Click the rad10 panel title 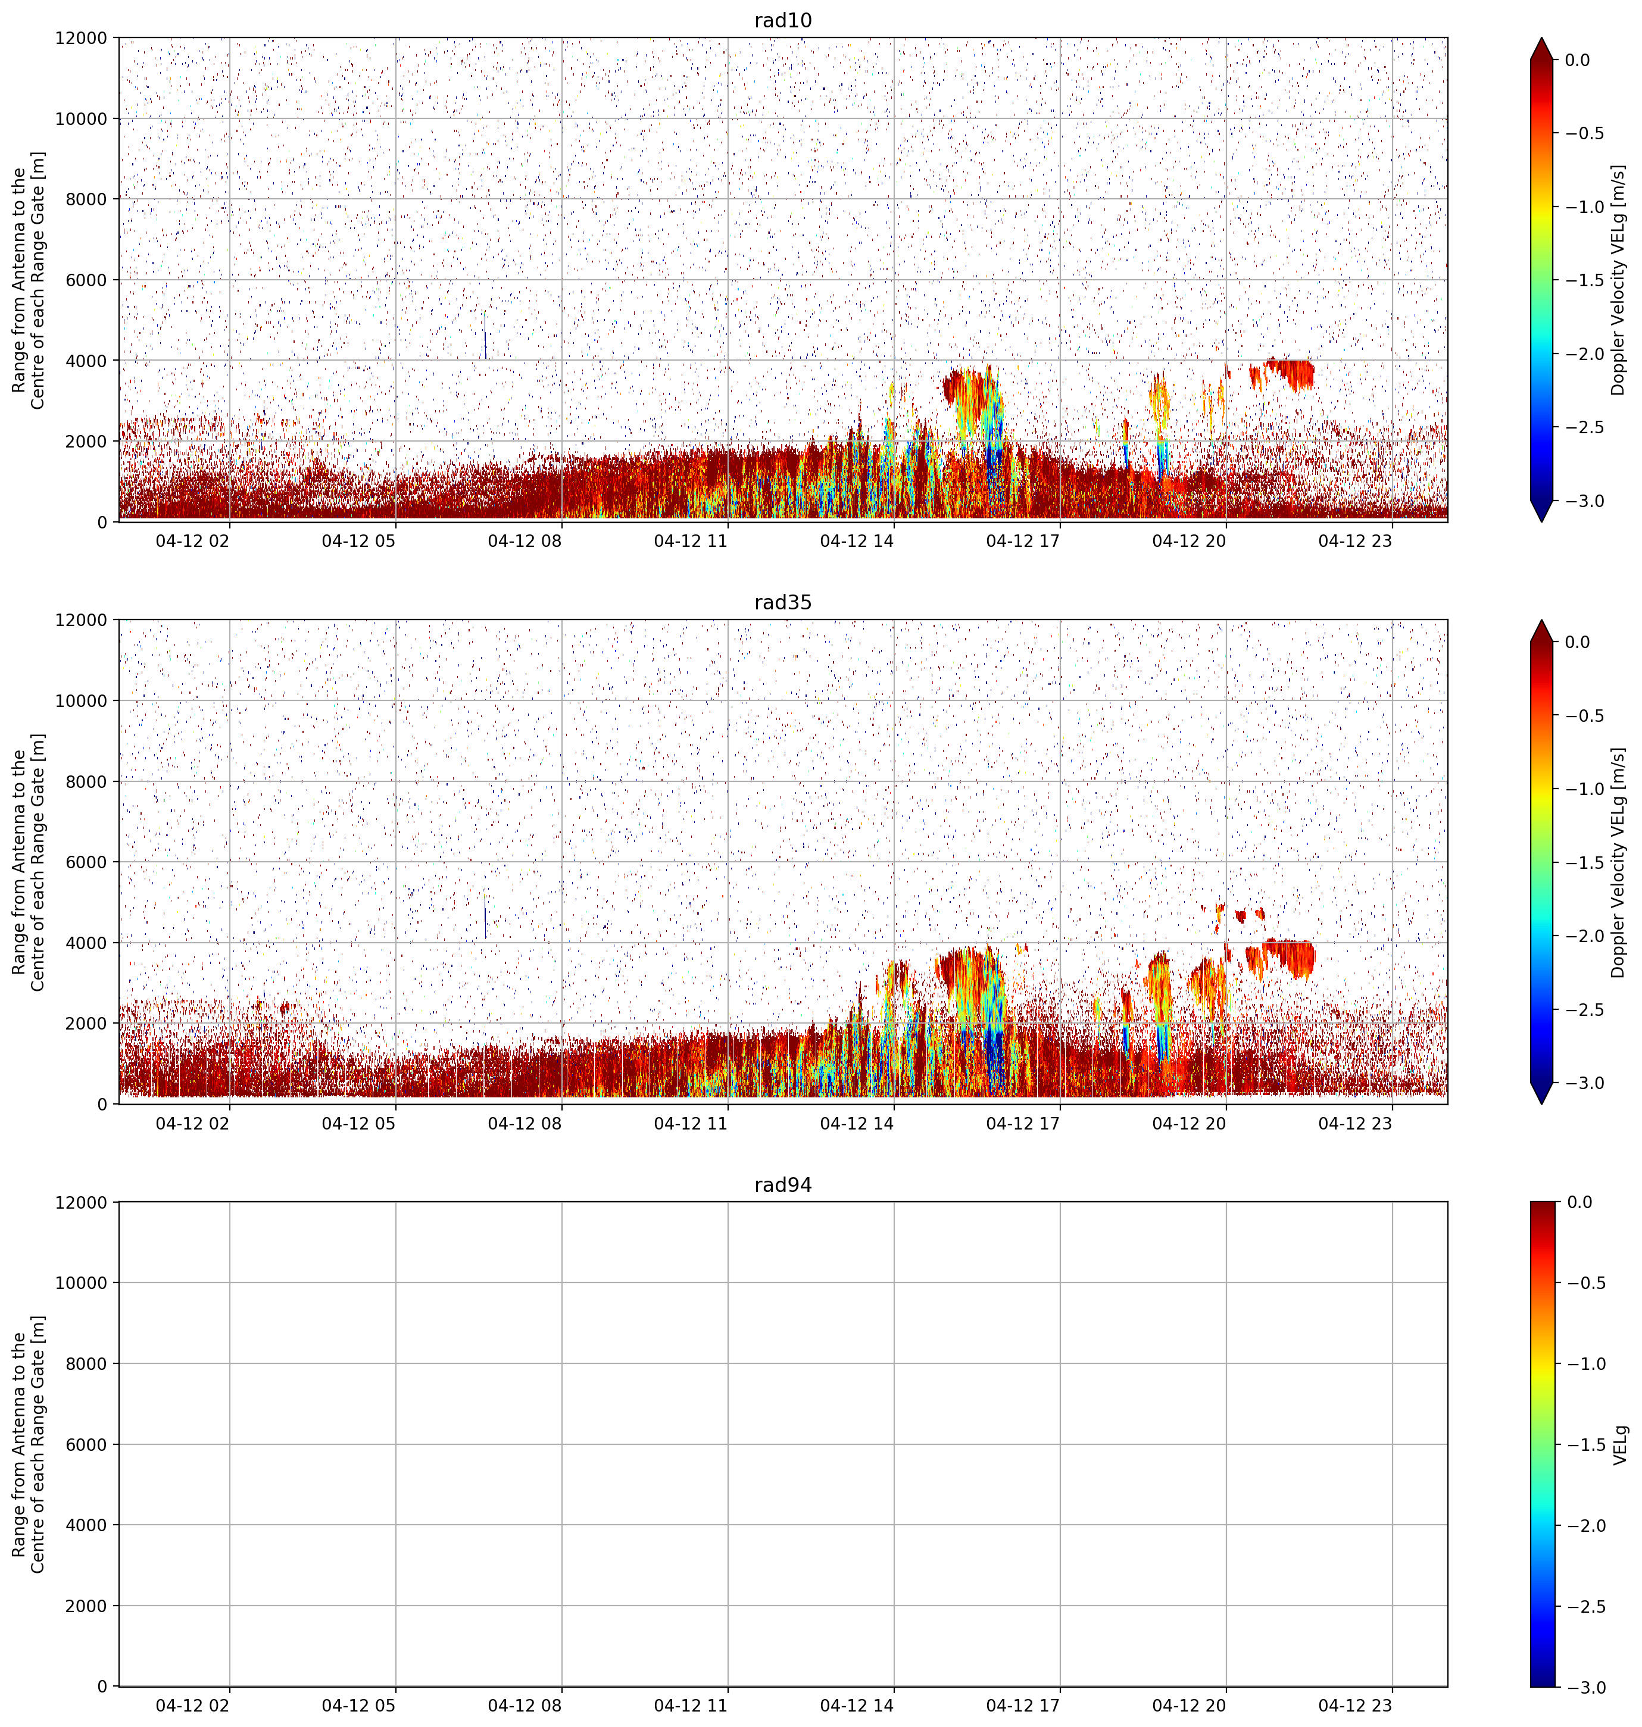point(782,20)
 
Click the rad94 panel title point(782,1185)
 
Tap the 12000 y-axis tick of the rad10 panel point(82,39)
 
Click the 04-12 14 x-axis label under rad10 point(857,541)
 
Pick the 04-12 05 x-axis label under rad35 point(359,1122)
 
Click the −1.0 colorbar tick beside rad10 point(1585,207)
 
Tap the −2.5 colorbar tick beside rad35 point(1585,1010)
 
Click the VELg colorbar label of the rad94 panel point(1620,1444)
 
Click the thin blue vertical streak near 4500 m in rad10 point(485,335)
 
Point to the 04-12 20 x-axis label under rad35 point(1188,1122)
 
